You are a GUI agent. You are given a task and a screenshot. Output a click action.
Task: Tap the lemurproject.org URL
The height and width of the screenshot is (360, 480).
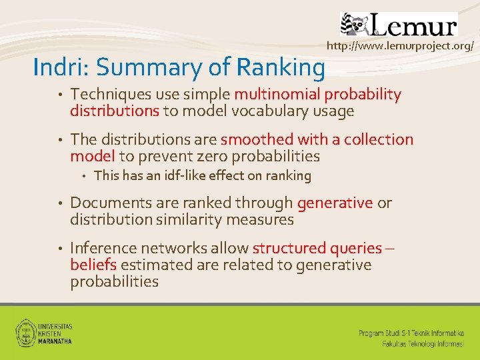click(x=400, y=46)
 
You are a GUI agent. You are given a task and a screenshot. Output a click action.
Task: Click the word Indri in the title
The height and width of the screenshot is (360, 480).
click(x=55, y=67)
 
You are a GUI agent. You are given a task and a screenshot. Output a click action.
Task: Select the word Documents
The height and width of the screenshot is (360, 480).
click(x=105, y=203)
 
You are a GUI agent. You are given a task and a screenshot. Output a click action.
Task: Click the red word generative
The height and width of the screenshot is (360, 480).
click(x=335, y=203)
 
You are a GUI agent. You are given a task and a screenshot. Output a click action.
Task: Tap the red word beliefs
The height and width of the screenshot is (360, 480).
click(x=93, y=265)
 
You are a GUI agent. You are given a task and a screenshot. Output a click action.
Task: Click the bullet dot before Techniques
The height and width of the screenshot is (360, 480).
click(x=59, y=95)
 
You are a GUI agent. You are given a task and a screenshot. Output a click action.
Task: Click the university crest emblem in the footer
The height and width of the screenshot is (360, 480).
click(x=26, y=331)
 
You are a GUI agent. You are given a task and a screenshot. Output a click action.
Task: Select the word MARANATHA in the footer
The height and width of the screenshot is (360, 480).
click(x=56, y=340)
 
